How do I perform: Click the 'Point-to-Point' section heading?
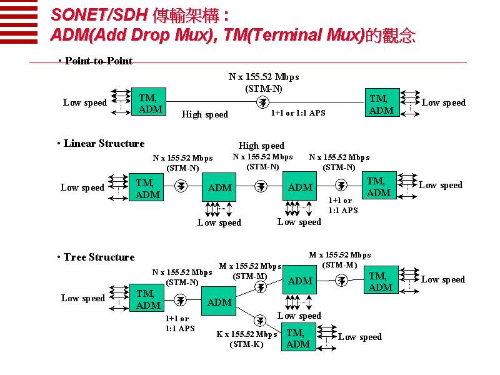(99, 61)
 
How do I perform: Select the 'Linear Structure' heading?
(104, 144)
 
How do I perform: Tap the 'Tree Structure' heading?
(99, 257)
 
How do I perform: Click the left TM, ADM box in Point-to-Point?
(149, 102)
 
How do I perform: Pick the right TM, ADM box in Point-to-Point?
(382, 102)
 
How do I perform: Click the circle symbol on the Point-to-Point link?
(262, 102)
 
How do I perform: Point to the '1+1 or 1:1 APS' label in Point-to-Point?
(298, 113)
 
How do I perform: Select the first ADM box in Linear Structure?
(219, 187)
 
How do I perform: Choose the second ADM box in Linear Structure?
(300, 186)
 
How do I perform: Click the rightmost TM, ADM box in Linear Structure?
(379, 185)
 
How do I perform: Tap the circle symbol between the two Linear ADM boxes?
(261, 186)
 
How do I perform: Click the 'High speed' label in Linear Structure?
(261, 146)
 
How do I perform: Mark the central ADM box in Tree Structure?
(219, 301)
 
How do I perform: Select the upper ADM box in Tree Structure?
(300, 279)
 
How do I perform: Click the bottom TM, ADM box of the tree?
(299, 337)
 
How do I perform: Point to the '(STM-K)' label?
(246, 344)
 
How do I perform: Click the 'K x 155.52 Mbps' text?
(247, 334)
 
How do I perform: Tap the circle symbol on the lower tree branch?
(260, 321)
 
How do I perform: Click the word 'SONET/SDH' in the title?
(99, 15)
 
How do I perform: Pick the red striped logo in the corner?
(19, 21)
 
